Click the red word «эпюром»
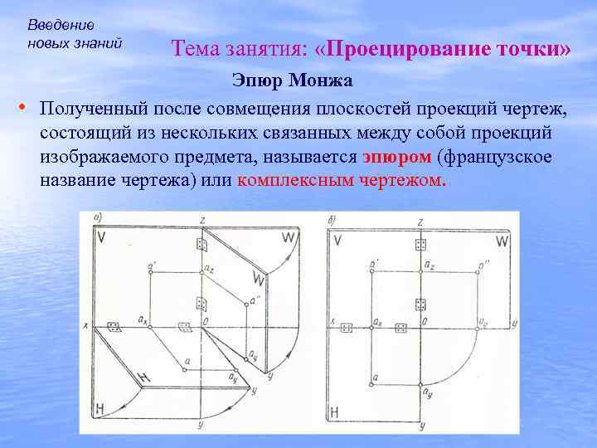click(x=397, y=157)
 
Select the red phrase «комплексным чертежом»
click(x=341, y=180)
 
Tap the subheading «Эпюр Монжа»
click(x=292, y=81)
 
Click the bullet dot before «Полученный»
click(x=22, y=109)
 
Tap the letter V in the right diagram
click(x=337, y=241)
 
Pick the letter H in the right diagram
click(x=335, y=411)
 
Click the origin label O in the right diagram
click(x=426, y=320)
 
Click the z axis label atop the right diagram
click(x=421, y=222)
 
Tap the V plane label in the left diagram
click(x=101, y=238)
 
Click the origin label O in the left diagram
click(x=204, y=320)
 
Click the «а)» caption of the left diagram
click(x=98, y=218)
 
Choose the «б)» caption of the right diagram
click(x=331, y=219)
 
